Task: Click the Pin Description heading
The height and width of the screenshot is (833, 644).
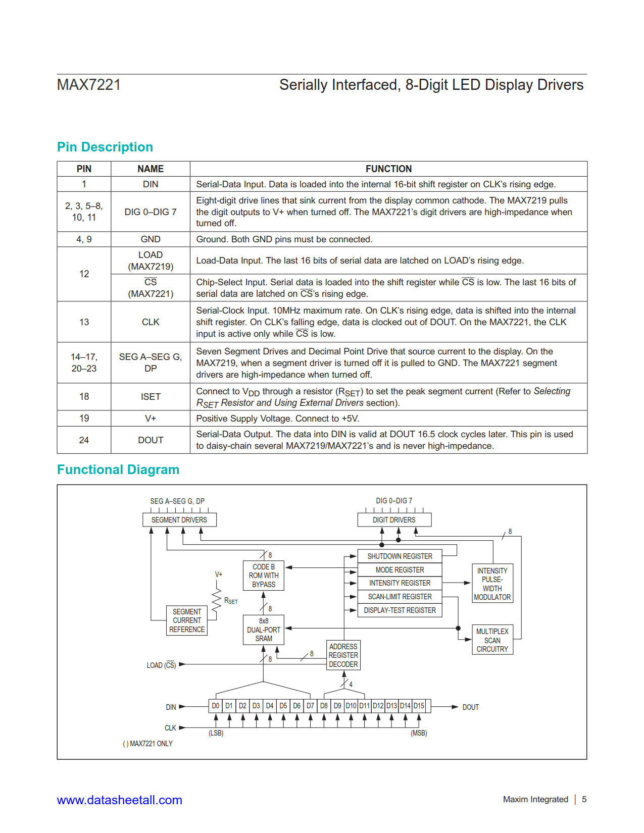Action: coord(105,147)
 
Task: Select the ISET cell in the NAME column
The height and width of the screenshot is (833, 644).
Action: coord(151,397)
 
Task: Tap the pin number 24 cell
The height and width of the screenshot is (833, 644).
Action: coord(84,440)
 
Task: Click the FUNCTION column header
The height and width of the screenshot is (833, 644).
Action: coord(388,169)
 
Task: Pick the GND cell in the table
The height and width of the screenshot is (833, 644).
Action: coord(151,239)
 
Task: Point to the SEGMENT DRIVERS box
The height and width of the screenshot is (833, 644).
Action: coord(179,520)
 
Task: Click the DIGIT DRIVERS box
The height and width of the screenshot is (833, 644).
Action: coord(394,520)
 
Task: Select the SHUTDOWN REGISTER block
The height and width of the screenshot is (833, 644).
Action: coord(400,556)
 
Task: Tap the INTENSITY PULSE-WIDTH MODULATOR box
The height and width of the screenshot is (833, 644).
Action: coord(492,584)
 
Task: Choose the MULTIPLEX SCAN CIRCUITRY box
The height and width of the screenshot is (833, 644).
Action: coord(492,640)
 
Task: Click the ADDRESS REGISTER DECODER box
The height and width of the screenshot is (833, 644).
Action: coord(343,655)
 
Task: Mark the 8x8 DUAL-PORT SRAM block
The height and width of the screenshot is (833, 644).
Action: coord(264,630)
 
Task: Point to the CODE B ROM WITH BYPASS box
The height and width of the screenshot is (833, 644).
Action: coord(264,576)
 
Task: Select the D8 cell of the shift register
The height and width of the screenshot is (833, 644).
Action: coord(324,706)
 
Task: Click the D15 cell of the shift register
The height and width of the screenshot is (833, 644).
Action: coord(419,706)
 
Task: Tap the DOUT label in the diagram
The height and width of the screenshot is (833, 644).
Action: coord(470,707)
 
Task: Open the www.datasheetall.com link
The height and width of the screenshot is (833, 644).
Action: coord(119,800)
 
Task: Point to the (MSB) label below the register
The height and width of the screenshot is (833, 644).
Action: coord(419,733)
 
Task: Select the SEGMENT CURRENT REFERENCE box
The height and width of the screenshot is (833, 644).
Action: coord(187,620)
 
